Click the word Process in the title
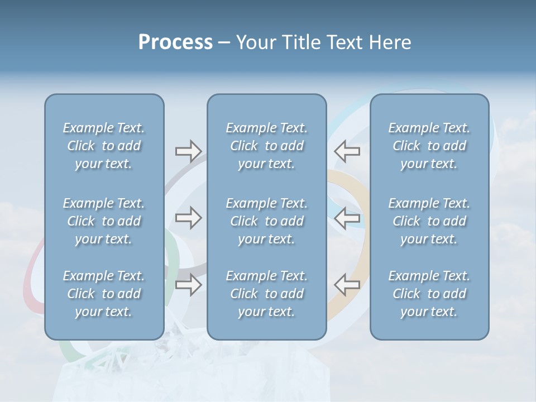pyautogui.click(x=175, y=42)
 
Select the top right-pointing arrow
pyautogui.click(x=188, y=151)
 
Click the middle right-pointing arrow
pyautogui.click(x=188, y=218)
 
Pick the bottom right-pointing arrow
pyautogui.click(x=188, y=285)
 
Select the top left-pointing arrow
pyautogui.click(x=347, y=151)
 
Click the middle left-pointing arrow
pyautogui.click(x=347, y=218)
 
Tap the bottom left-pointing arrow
pyautogui.click(x=347, y=285)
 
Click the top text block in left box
pyautogui.click(x=104, y=146)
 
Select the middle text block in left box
pyautogui.click(x=104, y=221)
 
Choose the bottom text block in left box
pyautogui.click(x=104, y=294)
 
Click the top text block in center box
pyautogui.click(x=266, y=146)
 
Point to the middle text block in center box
pyautogui.click(x=266, y=221)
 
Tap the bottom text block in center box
pyautogui.click(x=266, y=294)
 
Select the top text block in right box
pyautogui.click(x=429, y=146)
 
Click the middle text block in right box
pyautogui.click(x=429, y=221)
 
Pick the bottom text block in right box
pyautogui.click(x=429, y=294)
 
